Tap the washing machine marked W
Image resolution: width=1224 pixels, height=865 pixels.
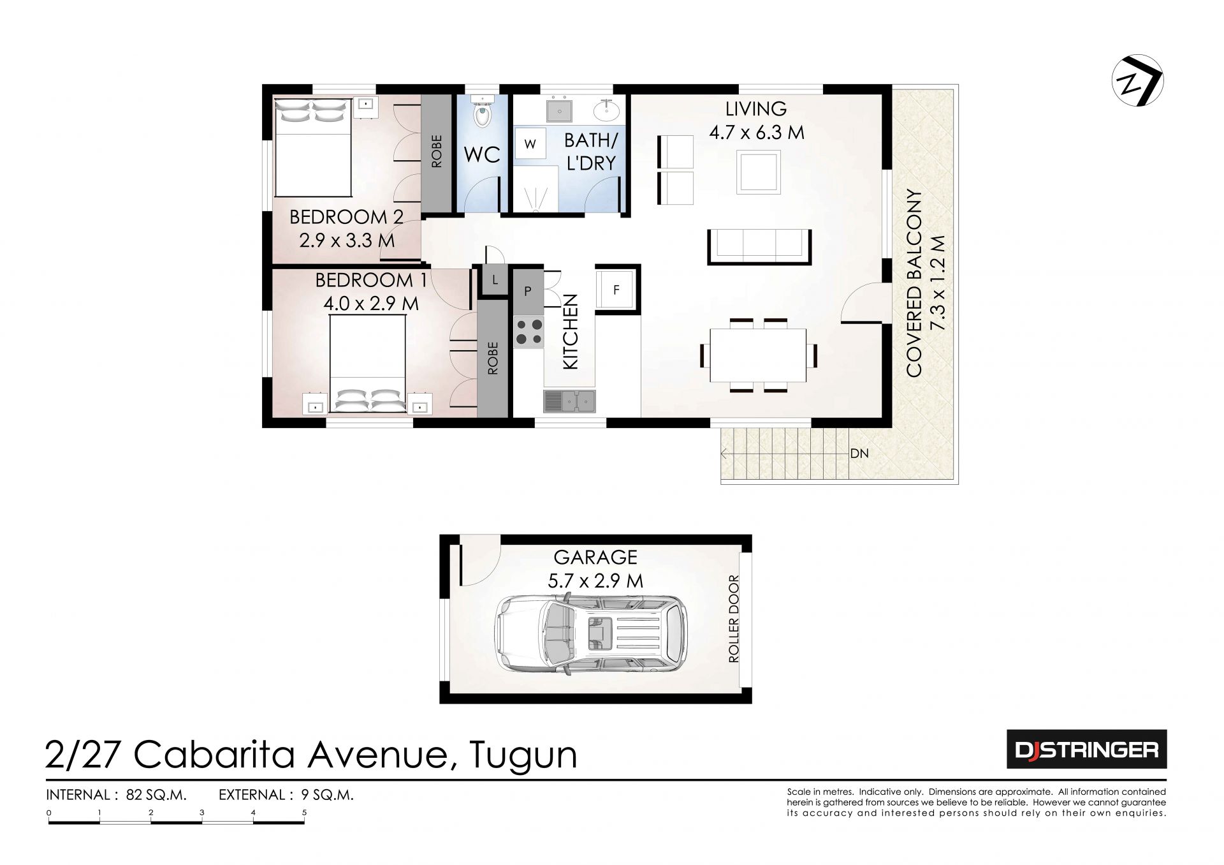[x=530, y=144]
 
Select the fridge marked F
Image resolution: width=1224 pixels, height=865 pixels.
[x=616, y=290]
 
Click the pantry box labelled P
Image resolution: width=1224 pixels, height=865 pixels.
[x=527, y=290]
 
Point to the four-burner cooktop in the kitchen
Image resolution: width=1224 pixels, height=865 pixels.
[x=528, y=331]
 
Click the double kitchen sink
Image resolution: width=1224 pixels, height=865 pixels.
[x=569, y=401]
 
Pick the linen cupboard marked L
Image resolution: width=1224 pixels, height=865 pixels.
[x=494, y=280]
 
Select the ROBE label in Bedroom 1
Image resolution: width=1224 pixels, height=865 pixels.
[x=492, y=359]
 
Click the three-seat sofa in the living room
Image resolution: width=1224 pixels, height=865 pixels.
[x=759, y=246]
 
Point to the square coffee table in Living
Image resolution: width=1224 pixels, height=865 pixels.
[x=759, y=172]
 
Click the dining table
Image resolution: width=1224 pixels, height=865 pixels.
[x=759, y=354]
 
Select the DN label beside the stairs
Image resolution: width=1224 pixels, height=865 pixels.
[x=859, y=454]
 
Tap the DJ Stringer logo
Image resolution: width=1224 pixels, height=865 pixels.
[x=1086, y=750]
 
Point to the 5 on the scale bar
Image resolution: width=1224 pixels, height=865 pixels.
[x=305, y=812]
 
